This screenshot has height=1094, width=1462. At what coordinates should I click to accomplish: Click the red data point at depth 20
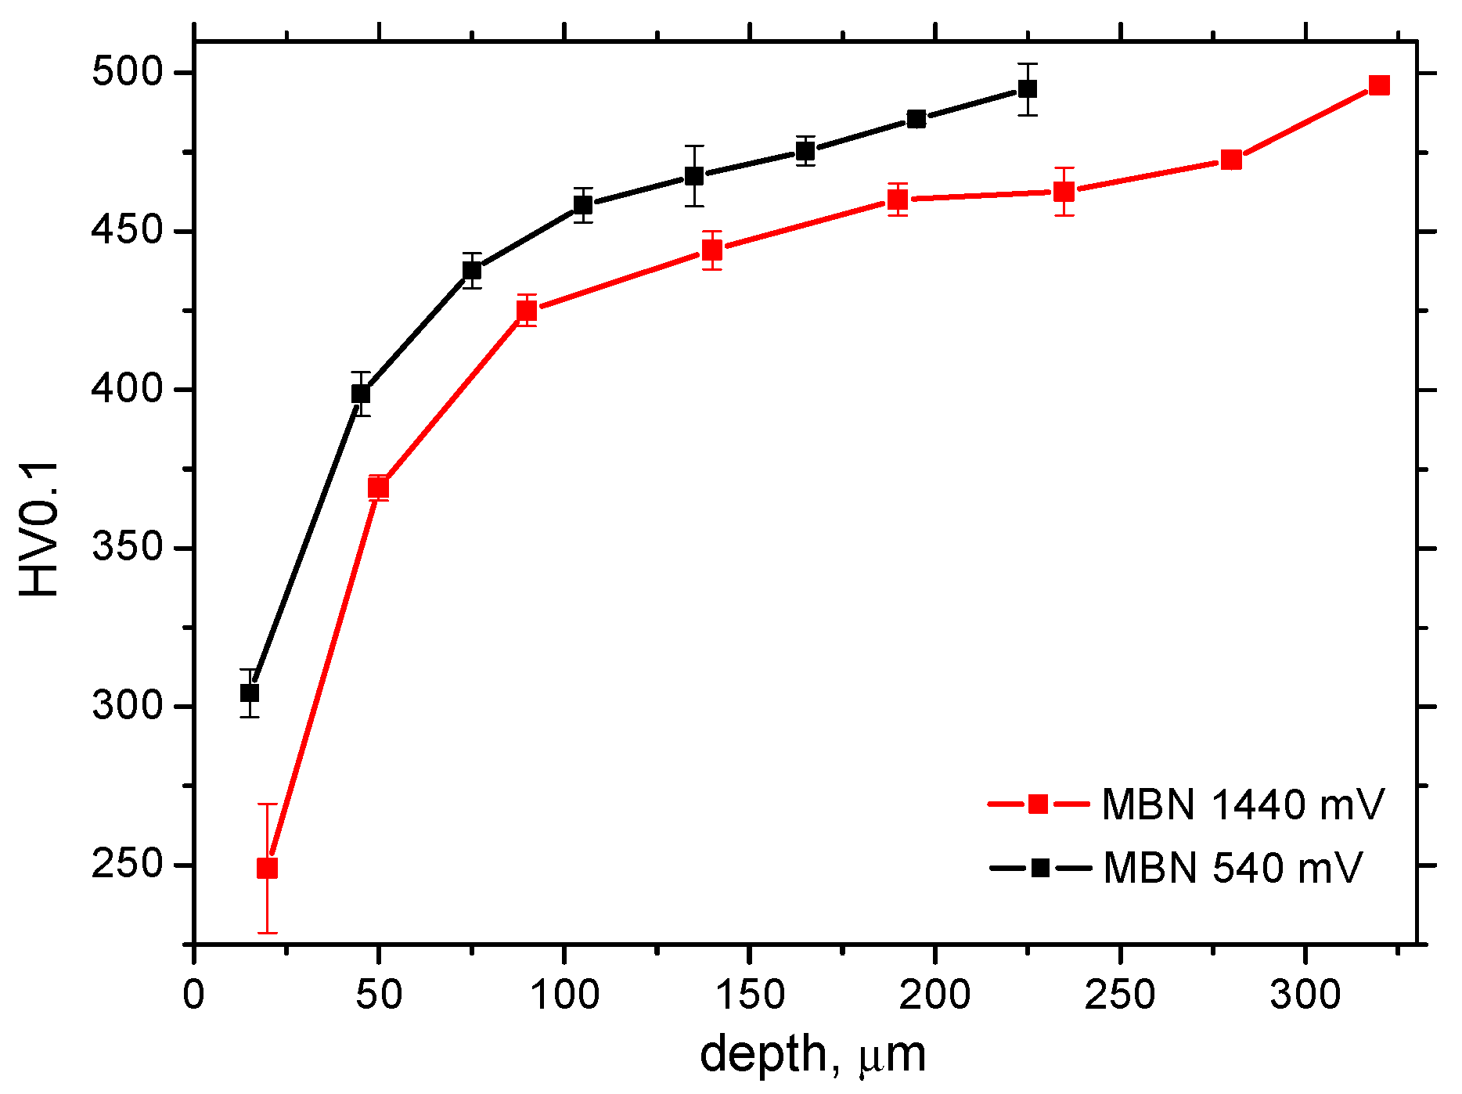267,869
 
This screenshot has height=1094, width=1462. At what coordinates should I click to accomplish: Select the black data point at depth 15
250,693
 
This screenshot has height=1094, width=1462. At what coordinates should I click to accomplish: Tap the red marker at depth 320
1379,86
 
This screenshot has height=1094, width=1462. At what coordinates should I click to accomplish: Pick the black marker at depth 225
1028,89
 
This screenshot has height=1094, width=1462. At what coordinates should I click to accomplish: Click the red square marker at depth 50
379,488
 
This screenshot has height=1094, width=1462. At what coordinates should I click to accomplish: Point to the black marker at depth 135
694,176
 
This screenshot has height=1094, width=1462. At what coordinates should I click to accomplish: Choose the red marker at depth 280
1231,160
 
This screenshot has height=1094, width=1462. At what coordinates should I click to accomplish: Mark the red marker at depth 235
1064,192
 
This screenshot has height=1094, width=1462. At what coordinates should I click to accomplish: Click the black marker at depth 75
472,271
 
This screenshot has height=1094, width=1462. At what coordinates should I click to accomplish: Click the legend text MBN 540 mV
1233,868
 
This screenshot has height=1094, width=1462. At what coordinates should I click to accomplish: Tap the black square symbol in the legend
1040,868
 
